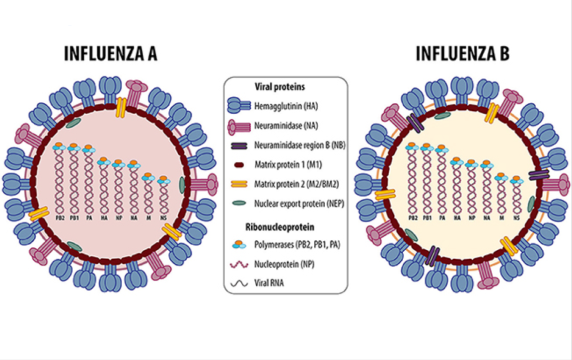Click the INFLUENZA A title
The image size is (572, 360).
[111, 54]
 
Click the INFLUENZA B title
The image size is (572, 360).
[462, 54]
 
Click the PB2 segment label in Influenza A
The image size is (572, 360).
[59, 218]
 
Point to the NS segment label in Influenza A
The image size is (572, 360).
[162, 218]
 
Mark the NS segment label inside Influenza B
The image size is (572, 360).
[516, 218]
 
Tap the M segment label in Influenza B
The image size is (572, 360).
[502, 218]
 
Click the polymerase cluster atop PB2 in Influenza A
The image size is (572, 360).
[59, 147]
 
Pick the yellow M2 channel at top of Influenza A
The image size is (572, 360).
[121, 107]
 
